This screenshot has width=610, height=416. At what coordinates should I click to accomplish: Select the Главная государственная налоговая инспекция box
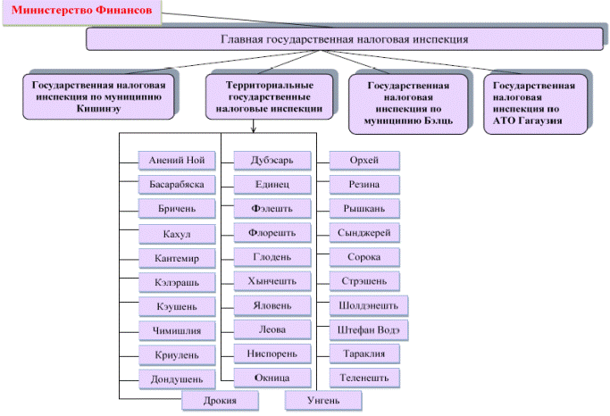pyautogui.click(x=343, y=39)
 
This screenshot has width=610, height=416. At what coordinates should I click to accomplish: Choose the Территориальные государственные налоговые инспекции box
pyautogui.click(x=269, y=96)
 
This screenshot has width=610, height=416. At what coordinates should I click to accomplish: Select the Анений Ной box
pyautogui.click(x=177, y=161)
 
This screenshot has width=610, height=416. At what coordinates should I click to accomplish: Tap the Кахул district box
pyautogui.click(x=177, y=234)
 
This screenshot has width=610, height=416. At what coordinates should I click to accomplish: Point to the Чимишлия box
pyautogui.click(x=177, y=330)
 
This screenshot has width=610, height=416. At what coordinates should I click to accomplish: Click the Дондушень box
pyautogui.click(x=177, y=379)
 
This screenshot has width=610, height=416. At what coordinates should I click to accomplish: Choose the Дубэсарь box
pyautogui.click(x=272, y=161)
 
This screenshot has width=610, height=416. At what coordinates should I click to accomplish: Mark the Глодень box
pyautogui.click(x=272, y=257)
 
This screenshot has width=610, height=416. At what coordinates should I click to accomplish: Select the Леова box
pyautogui.click(x=272, y=329)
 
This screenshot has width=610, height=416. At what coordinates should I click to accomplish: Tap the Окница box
pyautogui.click(x=272, y=378)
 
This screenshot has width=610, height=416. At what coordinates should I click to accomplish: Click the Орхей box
pyautogui.click(x=364, y=161)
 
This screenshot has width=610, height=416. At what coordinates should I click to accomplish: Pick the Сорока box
pyautogui.click(x=364, y=257)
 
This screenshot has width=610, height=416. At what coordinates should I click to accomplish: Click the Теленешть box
pyautogui.click(x=364, y=379)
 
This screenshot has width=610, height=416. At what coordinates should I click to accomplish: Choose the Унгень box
pyautogui.click(x=323, y=400)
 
